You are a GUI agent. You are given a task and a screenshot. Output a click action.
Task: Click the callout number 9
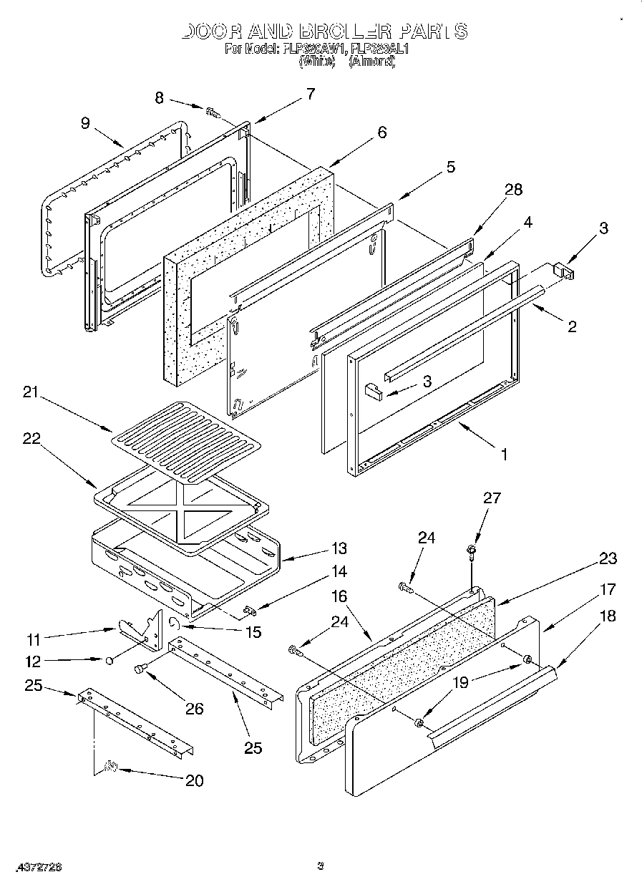click(x=85, y=122)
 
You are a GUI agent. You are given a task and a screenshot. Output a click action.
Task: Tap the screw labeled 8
click(x=213, y=111)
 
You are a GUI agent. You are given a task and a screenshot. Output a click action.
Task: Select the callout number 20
click(x=194, y=780)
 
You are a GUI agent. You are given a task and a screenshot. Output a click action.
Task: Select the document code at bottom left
click(x=35, y=867)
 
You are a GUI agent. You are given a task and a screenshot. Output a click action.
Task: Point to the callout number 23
click(x=608, y=559)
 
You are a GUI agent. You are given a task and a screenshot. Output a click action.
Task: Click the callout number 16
click(x=339, y=596)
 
